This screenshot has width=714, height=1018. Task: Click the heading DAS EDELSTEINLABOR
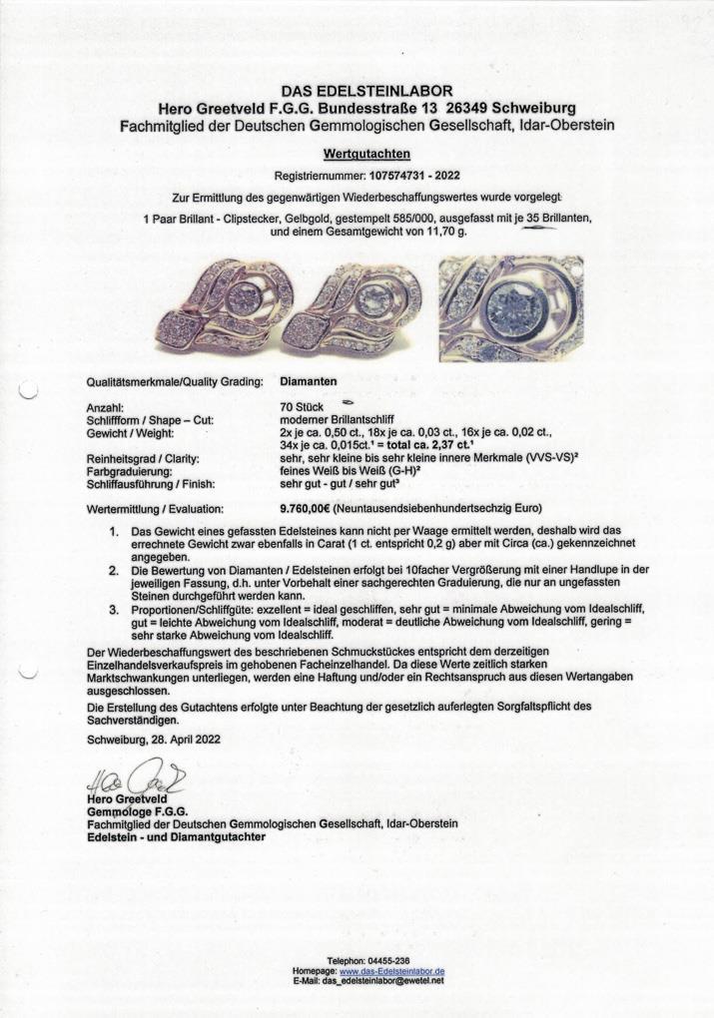click(x=366, y=91)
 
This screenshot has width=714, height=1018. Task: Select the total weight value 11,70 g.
click(x=440, y=232)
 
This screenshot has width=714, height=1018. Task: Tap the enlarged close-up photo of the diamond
click(x=510, y=307)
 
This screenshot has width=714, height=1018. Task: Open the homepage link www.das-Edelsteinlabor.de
click(x=392, y=970)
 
